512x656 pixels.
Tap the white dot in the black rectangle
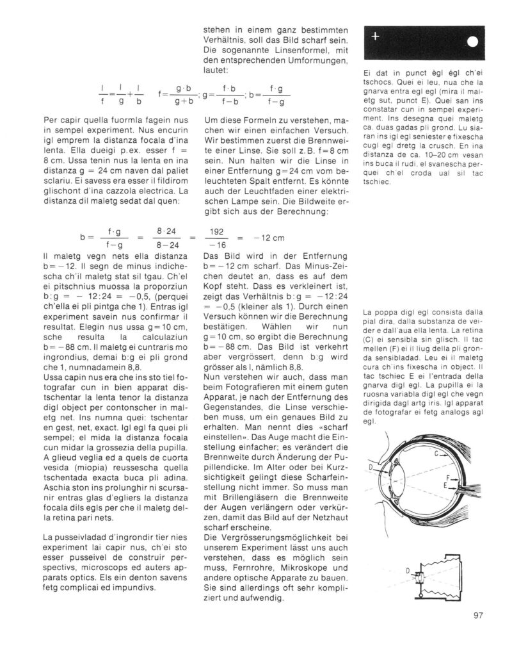point(472,43)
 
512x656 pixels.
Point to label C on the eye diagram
point(435,455)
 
